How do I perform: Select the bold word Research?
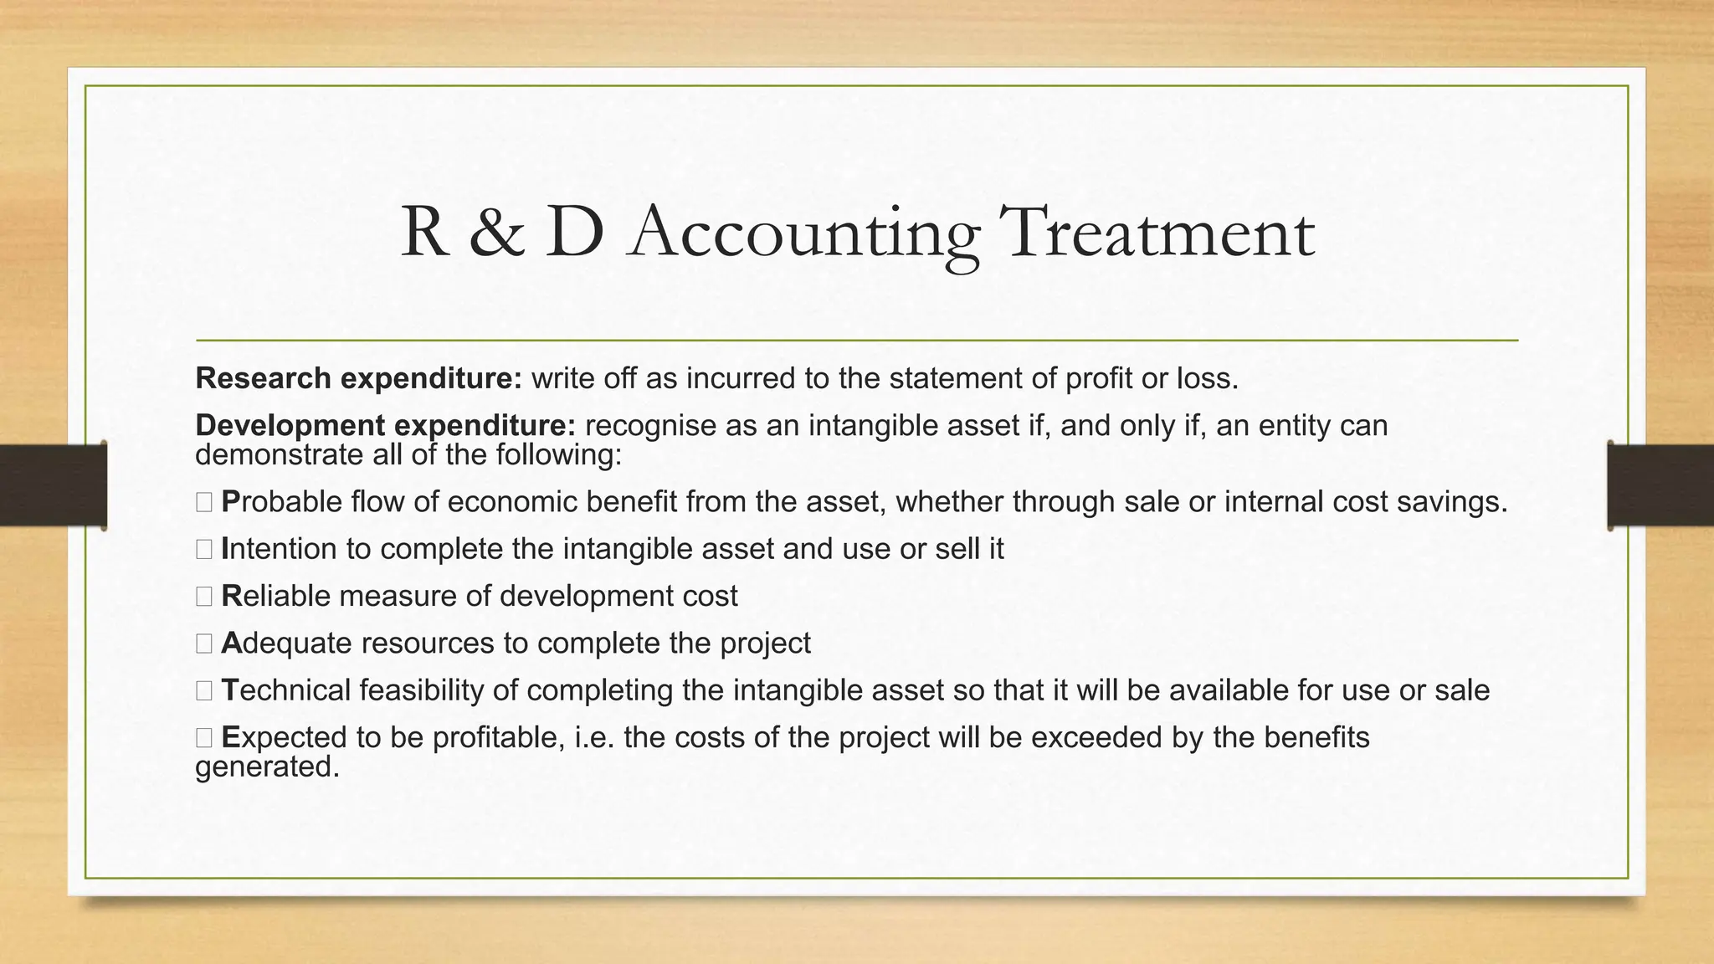(264, 379)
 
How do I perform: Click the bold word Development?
(290, 426)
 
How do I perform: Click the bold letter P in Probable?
(231, 502)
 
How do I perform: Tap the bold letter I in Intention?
(225, 549)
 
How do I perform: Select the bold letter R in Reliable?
(232, 596)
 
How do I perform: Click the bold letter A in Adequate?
(231, 643)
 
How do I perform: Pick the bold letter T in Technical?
(230, 690)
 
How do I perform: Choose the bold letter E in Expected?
(231, 737)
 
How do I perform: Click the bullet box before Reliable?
(204, 597)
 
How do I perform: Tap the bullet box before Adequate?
(204, 644)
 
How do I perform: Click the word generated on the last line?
(267, 767)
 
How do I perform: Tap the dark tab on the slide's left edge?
(53, 485)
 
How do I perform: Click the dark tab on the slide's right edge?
(1660, 485)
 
